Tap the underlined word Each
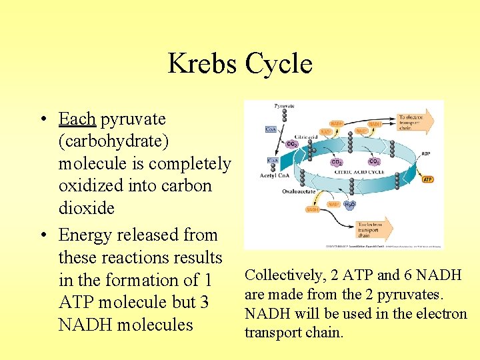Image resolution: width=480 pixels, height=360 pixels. (77, 119)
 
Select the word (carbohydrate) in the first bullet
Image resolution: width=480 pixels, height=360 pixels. (113, 141)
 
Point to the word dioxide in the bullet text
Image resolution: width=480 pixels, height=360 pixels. (87, 209)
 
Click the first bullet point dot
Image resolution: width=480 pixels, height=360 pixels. (43, 120)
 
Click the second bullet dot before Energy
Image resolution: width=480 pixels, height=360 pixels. (43, 235)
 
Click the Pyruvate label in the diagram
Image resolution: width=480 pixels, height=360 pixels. (283, 106)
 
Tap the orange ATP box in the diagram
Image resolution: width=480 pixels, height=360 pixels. (427, 179)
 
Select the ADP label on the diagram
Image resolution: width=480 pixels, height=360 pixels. (425, 153)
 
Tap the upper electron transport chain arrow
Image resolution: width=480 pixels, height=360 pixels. (413, 121)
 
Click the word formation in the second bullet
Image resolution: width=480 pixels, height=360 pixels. (150, 281)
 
